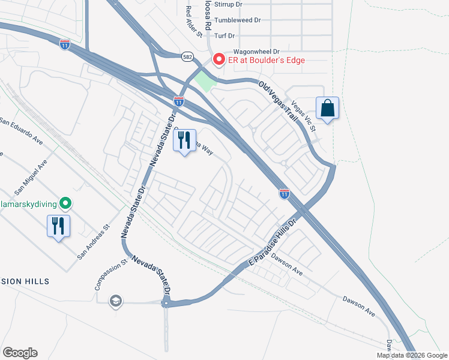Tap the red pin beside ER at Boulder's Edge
point(218,59)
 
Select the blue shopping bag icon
point(327,109)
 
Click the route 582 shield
point(188,55)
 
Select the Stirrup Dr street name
point(229,4)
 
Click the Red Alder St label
point(188,18)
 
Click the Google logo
point(20,353)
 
